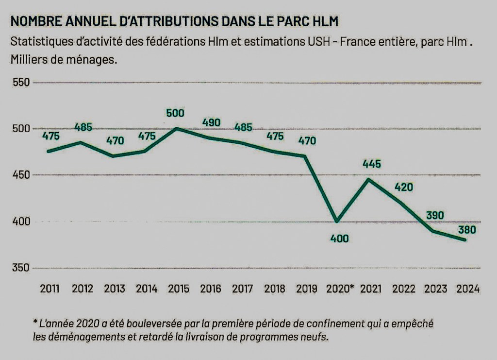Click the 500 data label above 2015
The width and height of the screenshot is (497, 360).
point(175,114)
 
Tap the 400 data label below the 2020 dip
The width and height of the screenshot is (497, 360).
point(339,239)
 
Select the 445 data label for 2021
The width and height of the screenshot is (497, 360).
point(371,164)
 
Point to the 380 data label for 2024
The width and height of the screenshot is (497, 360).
point(466,230)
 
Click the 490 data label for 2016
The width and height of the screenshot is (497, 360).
point(211,122)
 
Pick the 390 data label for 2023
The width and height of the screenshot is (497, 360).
point(436,215)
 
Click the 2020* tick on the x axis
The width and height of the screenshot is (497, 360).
point(339,289)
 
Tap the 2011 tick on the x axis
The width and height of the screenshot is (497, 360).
point(50,289)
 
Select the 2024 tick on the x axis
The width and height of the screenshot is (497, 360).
point(468,289)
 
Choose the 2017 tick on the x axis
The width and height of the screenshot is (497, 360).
point(242,289)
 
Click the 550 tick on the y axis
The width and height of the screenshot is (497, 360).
point(22,83)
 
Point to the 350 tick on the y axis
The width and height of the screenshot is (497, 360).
point(22,268)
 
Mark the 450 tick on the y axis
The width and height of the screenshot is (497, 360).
point(22,175)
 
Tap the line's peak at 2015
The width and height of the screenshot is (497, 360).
point(176,129)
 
